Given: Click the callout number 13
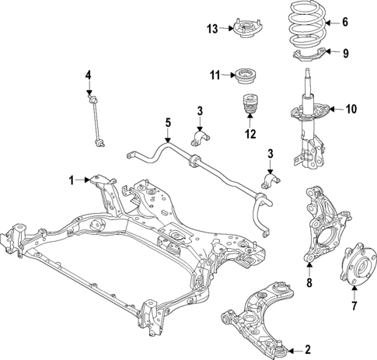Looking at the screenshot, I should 213,29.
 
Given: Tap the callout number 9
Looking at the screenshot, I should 347,53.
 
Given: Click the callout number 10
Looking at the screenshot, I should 351,109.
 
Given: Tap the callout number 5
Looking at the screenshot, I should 167,122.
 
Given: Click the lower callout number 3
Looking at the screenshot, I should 271,155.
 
